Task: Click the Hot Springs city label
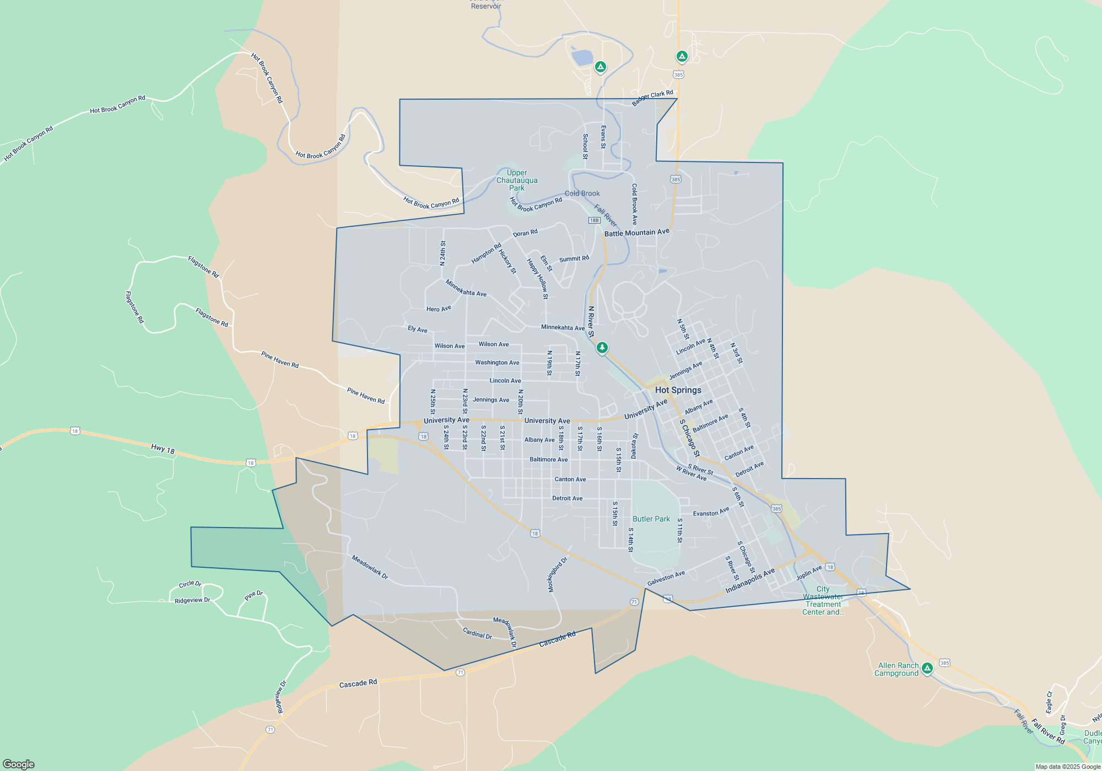point(678,390)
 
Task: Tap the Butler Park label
point(651,519)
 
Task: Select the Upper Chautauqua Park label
point(517,180)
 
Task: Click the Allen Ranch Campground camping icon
point(927,668)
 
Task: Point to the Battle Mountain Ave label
point(637,232)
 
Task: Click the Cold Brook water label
point(582,193)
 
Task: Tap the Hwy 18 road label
point(163,449)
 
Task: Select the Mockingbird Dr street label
point(557,575)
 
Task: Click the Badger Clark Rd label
point(652,98)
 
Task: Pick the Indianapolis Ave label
point(750,581)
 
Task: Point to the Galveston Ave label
point(666,578)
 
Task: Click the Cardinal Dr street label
point(477,633)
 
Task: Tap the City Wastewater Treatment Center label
point(823,600)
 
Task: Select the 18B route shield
point(594,220)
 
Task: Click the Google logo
point(19,764)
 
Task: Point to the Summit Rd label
point(574,258)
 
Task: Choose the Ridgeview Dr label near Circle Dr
point(192,600)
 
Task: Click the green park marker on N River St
point(602,348)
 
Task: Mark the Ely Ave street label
point(417,329)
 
